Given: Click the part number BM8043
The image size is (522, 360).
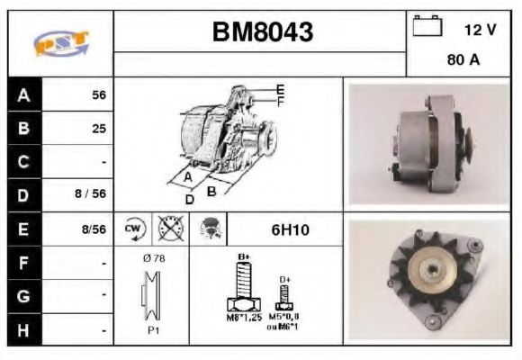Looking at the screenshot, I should [262, 33].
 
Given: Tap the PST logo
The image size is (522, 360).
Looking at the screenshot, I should [60, 43].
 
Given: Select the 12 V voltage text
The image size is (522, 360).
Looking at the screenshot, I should [480, 30].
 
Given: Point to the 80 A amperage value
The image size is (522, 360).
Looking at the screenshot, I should [463, 62].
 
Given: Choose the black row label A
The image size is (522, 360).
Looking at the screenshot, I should [24, 94].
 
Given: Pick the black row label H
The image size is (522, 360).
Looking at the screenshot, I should [24, 331].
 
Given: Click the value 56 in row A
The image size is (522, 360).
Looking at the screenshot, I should [99, 94].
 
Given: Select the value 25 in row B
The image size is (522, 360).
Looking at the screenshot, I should [99, 128].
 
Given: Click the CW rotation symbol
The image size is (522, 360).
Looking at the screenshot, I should [133, 229].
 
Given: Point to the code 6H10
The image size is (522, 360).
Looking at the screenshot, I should [290, 229].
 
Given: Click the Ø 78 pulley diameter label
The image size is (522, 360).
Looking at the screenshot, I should [153, 258].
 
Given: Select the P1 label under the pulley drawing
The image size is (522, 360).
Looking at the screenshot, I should [154, 330].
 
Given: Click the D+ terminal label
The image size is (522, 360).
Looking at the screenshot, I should [285, 279].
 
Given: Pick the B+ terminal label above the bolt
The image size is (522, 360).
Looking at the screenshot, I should [243, 257].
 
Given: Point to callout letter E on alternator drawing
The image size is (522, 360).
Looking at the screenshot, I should [281, 88].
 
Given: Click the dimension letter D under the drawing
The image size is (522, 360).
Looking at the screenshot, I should [189, 199].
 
